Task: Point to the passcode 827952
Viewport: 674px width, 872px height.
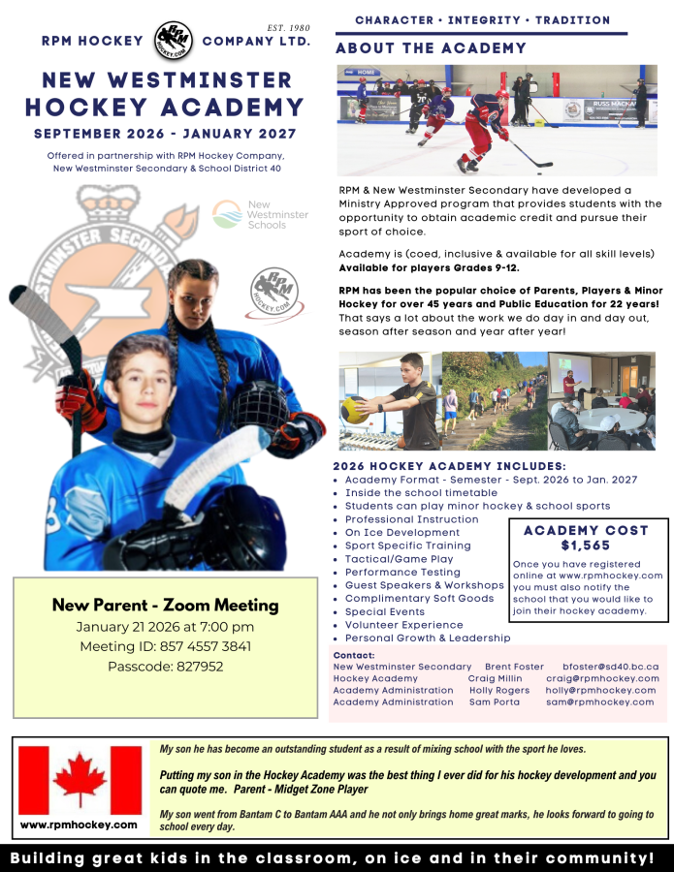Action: click(166, 667)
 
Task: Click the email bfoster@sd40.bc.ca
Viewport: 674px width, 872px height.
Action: click(610, 667)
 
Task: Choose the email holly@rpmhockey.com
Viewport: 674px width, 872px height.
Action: click(602, 690)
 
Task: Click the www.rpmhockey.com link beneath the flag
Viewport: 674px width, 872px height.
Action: click(79, 825)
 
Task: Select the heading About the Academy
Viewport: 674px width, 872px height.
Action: click(431, 48)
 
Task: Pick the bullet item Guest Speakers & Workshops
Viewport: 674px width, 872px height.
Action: click(424, 585)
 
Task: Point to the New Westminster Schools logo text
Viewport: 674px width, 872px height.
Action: click(278, 214)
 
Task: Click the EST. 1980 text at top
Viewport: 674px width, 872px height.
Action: click(287, 27)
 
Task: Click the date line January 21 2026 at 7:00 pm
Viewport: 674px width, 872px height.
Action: click(166, 627)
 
